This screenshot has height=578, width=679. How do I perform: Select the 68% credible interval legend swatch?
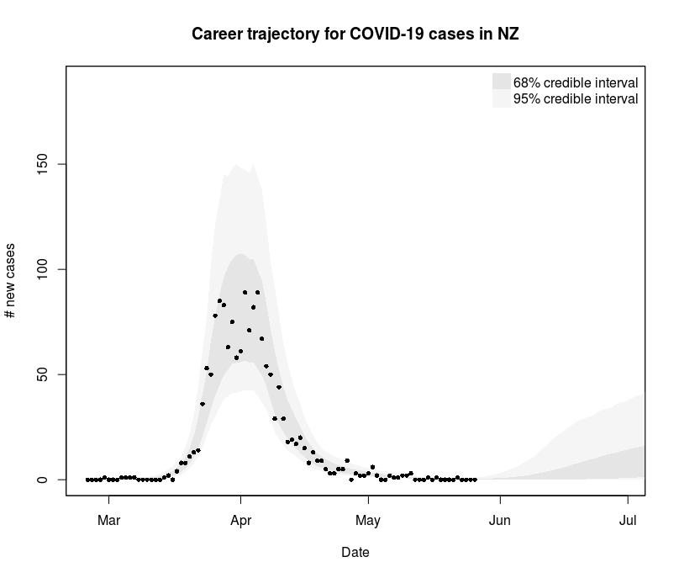[502, 82]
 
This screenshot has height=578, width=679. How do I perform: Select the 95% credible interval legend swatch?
[502, 98]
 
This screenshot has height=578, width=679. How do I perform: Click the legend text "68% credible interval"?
[576, 82]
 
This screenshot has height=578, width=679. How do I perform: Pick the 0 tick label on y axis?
[52, 480]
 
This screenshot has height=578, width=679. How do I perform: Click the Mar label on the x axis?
[108, 521]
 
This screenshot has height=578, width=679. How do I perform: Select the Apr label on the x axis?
[241, 521]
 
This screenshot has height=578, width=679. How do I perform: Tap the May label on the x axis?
[368, 521]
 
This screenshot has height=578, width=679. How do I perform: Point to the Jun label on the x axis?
[500, 521]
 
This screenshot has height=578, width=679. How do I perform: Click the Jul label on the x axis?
[628, 521]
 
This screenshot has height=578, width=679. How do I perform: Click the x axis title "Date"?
[355, 553]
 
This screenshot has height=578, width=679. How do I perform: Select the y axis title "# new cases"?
[10, 279]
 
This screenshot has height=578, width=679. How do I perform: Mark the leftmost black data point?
[87, 480]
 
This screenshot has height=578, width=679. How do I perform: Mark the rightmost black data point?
[475, 480]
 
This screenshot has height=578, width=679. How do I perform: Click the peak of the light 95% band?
[236, 164]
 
